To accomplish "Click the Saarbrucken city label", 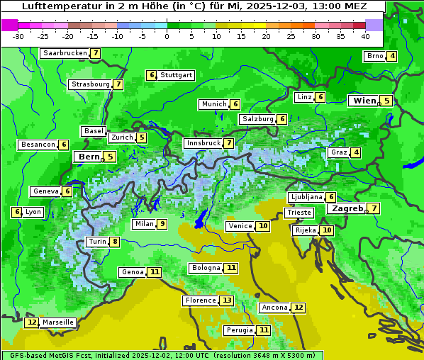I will [65, 53].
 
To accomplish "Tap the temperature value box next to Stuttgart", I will [151, 75].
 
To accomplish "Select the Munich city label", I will [213, 104].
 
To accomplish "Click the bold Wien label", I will [364, 101].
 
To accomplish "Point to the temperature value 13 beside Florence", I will [226, 300].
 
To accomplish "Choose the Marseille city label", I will [57, 322].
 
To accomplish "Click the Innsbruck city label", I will [203, 143].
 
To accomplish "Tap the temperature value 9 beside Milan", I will [162, 224].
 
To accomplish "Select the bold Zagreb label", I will [347, 208].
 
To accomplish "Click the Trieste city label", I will [298, 213].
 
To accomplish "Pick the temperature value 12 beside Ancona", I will [299, 308].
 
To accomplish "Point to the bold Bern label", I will [89, 157].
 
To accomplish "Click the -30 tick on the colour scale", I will [18, 36].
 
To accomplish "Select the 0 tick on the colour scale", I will [167, 36].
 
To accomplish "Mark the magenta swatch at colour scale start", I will [9, 25].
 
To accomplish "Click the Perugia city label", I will [238, 330].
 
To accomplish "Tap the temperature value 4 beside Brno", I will [392, 57].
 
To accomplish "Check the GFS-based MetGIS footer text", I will [162, 355].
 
